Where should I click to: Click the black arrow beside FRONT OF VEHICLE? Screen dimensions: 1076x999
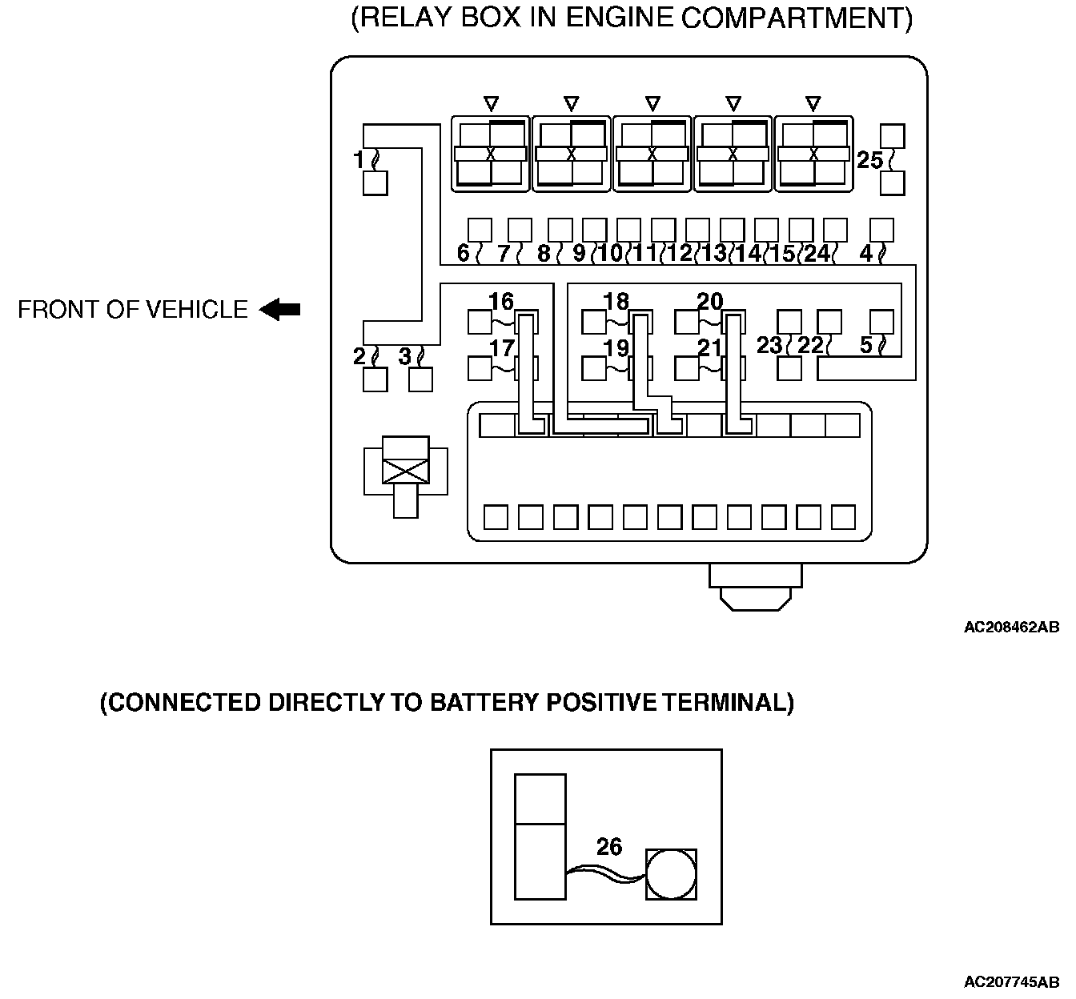(x=279, y=309)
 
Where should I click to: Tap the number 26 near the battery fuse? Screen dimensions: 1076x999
(x=609, y=846)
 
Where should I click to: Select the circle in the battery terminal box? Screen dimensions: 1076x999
(x=671, y=874)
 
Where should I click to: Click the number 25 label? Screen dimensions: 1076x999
(x=870, y=160)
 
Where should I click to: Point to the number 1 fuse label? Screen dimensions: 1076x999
(x=358, y=160)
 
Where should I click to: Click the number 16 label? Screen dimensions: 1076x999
(x=500, y=301)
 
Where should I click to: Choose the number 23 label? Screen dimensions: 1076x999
(x=769, y=345)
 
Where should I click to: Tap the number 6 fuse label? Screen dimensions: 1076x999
(x=463, y=253)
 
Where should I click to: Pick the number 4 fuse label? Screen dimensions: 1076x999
(x=866, y=253)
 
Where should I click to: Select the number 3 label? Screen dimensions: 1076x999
(x=405, y=356)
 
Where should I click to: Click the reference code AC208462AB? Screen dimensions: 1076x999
(x=1011, y=627)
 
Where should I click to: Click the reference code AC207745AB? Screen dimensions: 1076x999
(x=1011, y=981)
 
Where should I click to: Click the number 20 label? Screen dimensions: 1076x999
(x=710, y=301)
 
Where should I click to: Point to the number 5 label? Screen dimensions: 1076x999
(x=866, y=345)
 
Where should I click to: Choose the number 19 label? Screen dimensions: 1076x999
(x=616, y=348)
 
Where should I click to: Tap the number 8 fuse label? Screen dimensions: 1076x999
(x=544, y=253)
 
